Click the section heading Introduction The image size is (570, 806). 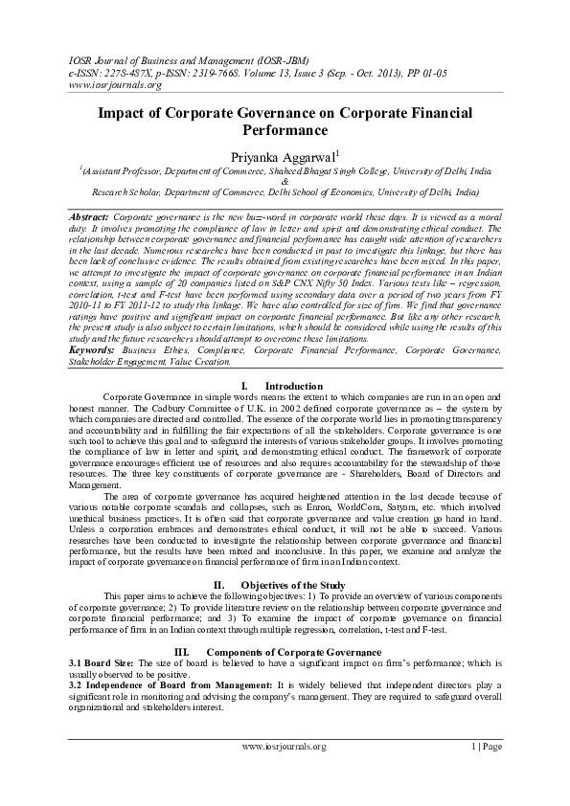[293, 385]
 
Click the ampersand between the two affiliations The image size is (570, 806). [285, 180]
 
